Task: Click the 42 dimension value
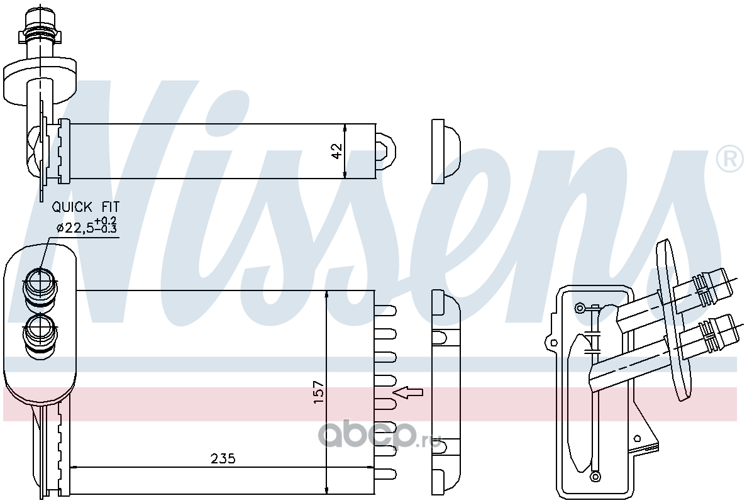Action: pos(337,151)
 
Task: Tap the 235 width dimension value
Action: pos(223,459)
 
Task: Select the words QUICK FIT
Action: pos(86,207)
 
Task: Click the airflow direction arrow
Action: pos(408,392)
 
